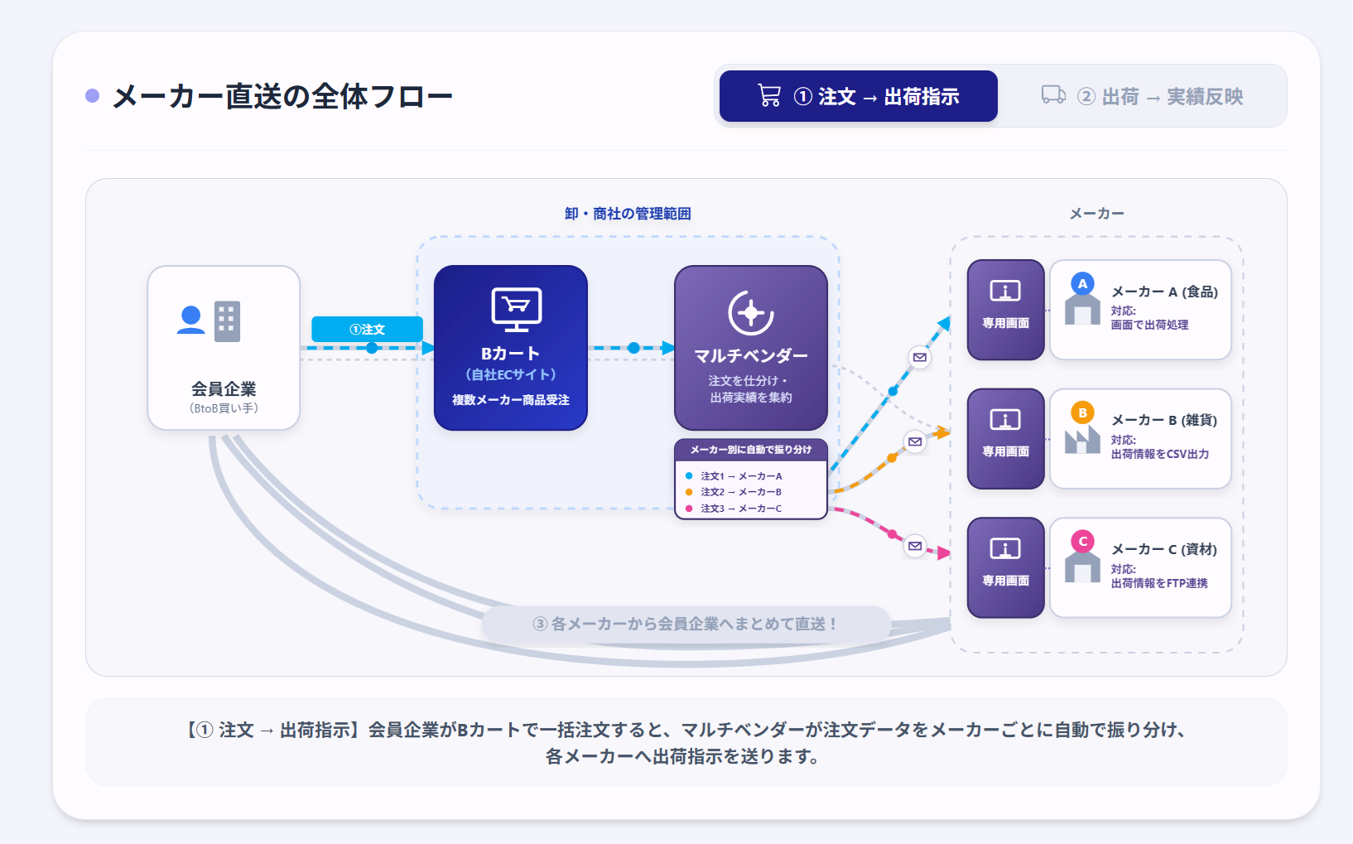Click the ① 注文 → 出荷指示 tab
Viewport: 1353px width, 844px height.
coord(858,96)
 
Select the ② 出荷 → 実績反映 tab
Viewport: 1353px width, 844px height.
coord(1142,96)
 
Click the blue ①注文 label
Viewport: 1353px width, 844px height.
coord(367,330)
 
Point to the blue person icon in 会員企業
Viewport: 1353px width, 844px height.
coord(191,321)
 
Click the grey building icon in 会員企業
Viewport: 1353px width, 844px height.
coord(227,321)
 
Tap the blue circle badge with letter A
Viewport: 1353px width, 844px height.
coord(1082,283)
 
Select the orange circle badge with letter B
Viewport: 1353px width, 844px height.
coord(1082,412)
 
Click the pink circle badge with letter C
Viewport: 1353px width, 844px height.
coord(1082,542)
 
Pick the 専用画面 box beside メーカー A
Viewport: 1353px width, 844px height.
coord(1006,310)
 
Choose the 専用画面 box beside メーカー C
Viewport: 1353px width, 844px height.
coord(1006,567)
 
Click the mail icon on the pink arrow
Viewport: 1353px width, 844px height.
coord(915,546)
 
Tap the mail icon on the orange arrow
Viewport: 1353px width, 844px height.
coord(915,441)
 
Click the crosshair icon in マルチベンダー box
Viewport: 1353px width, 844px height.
coord(751,312)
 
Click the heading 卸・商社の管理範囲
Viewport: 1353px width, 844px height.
coord(628,213)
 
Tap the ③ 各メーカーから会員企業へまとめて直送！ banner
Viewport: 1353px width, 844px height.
coord(686,624)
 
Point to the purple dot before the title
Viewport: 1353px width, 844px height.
coord(93,95)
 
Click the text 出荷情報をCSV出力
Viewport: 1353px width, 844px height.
coord(1160,454)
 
